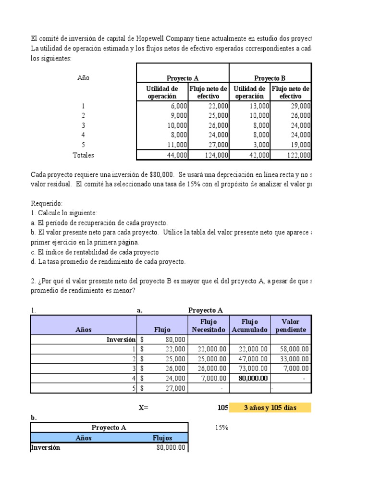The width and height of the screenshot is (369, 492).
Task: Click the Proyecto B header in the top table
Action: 270,78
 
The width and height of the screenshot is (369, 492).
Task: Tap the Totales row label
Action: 83,155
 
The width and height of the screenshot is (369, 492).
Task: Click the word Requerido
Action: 47,204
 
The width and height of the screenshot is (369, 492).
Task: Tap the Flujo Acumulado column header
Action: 249,326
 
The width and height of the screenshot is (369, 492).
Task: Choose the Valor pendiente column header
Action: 291,326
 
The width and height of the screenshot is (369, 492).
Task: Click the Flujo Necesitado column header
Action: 209,326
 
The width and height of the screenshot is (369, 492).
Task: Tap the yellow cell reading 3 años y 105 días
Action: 270,408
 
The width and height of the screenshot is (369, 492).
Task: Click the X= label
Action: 144,408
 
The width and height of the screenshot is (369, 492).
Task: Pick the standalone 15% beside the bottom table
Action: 221,428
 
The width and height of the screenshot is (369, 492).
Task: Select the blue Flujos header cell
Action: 162,438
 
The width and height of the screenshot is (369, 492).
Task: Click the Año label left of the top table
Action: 83,78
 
